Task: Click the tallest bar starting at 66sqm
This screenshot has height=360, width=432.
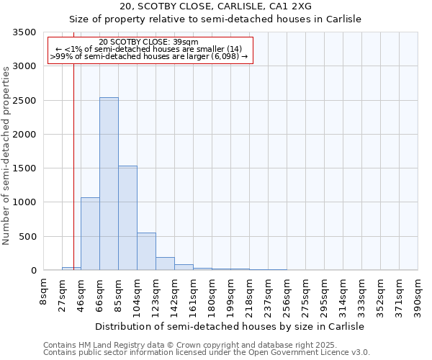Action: pos(109,184)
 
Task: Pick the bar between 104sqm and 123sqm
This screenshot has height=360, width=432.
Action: pos(146,251)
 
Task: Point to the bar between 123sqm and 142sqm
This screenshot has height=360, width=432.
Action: pos(165,264)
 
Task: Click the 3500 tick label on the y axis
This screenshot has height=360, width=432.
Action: pos(24,32)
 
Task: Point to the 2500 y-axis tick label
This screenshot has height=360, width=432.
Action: pos(24,101)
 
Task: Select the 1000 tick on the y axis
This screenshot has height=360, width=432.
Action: pos(24,202)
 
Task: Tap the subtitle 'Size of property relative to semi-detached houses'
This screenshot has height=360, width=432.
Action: pos(215,20)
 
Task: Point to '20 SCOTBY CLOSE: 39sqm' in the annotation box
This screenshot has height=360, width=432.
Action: pos(150,42)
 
